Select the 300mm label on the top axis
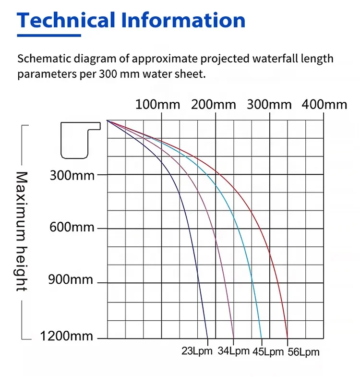tap(269, 104)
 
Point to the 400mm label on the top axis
tap(324, 104)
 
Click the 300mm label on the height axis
tap(72, 175)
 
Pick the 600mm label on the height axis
tap(72, 228)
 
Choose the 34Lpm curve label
tap(234, 350)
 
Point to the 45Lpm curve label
tap(267, 351)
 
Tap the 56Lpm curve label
tap(303, 352)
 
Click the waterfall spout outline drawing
tap(79, 139)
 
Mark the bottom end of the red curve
tap(287, 337)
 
